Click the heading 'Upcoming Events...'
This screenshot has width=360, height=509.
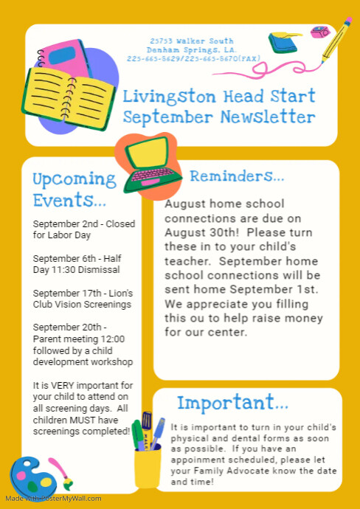(x=74, y=190)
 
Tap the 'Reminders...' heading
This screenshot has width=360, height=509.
(x=237, y=176)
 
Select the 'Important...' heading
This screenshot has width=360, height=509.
(x=232, y=403)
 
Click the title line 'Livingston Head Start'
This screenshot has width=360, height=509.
(x=219, y=96)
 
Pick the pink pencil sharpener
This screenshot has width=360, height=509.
(x=320, y=32)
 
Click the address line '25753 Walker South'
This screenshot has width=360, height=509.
(x=192, y=41)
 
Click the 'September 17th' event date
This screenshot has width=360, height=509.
(x=68, y=293)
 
